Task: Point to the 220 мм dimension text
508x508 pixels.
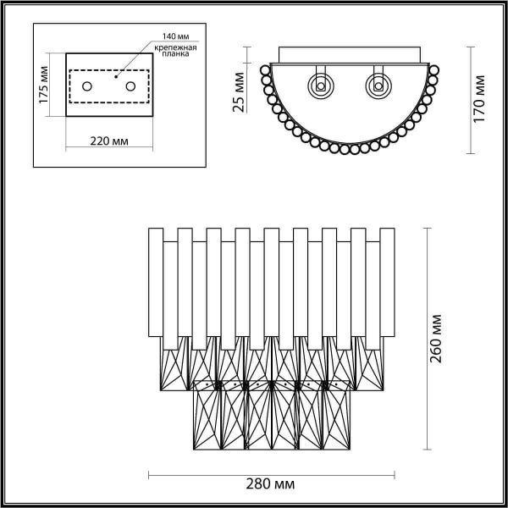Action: [x=108, y=141]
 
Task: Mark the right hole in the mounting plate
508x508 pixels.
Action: [x=130, y=86]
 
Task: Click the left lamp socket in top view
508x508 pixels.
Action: [x=321, y=85]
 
